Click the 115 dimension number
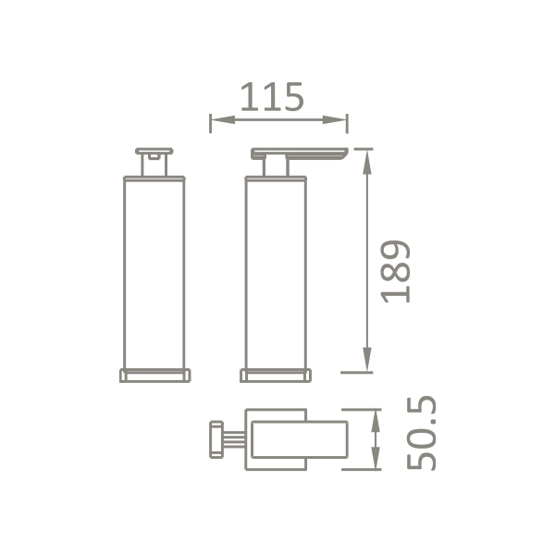point(272,96)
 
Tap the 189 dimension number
point(395,271)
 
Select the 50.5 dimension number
point(421,433)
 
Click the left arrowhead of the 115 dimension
point(223,119)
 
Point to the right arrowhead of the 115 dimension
point(335,119)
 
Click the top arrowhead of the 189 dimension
point(367,162)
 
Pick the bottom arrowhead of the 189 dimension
point(367,359)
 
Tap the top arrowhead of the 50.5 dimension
point(376,421)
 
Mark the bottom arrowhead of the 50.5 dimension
point(376,458)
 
